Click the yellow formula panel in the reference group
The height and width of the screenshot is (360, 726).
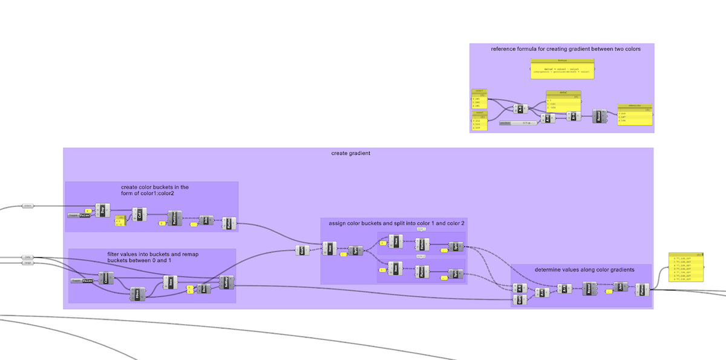pyautogui.click(x=562, y=68)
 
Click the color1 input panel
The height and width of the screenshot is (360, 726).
pyautogui.click(x=479, y=99)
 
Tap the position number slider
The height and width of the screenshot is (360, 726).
pyautogui.click(x=517, y=123)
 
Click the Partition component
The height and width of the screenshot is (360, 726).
pyautogui.click(x=174, y=218)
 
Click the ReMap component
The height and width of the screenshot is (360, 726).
pyautogui.click(x=227, y=281)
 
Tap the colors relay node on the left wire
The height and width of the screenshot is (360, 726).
pyautogui.click(x=28, y=206)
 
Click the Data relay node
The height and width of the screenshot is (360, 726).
pyautogui.click(x=27, y=257)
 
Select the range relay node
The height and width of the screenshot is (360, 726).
pyautogui.click(x=27, y=263)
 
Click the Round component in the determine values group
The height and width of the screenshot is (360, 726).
pyautogui.click(x=590, y=289)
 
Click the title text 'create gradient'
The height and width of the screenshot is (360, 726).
pyautogui.click(x=351, y=153)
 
